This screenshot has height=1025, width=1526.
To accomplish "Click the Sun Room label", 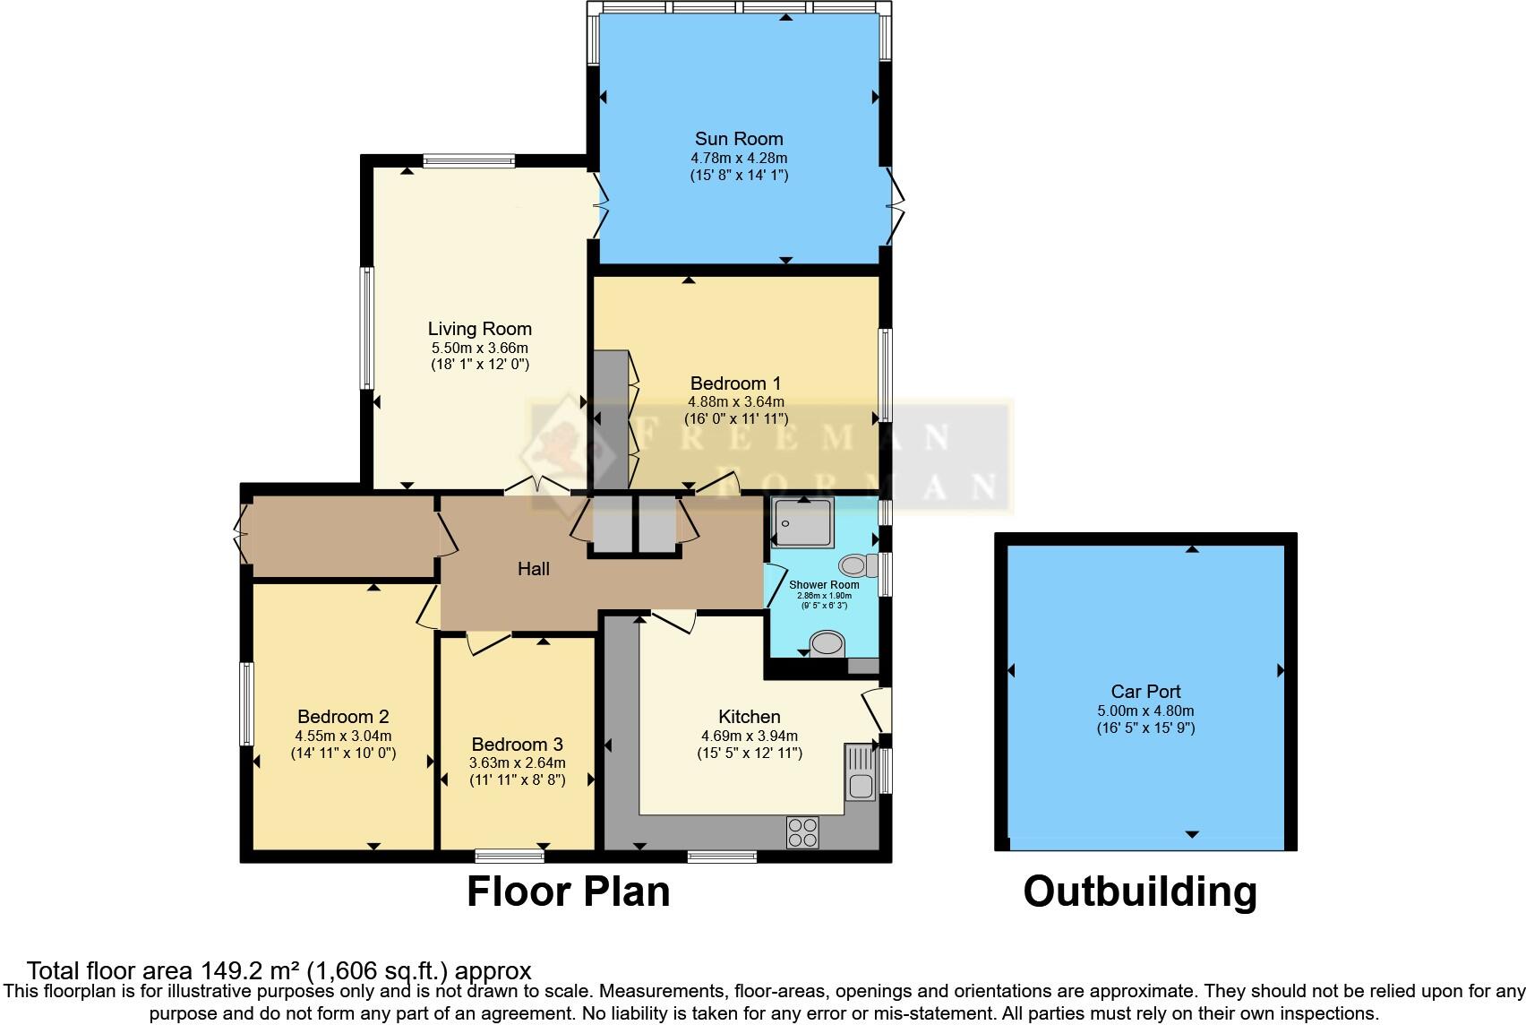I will pyautogui.click(x=739, y=139).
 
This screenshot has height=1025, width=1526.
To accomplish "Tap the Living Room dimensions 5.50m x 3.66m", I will pyautogui.click(x=479, y=348).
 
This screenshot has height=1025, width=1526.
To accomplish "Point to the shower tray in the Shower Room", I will pyautogui.click(x=803, y=521).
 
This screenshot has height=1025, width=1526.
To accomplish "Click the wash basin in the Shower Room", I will pyautogui.click(x=827, y=643).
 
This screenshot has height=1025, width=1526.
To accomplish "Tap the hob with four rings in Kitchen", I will pyautogui.click(x=802, y=832).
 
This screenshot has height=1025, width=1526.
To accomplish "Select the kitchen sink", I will pyautogui.click(x=861, y=773).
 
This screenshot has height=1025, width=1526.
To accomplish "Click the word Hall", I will pyautogui.click(x=534, y=569).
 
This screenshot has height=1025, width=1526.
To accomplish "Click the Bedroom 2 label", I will pyautogui.click(x=343, y=717).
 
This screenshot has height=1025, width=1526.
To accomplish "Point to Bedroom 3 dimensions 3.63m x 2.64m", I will pyautogui.click(x=518, y=763).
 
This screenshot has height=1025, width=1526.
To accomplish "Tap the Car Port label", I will pyautogui.click(x=1145, y=692).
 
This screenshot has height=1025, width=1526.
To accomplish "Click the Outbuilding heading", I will pyautogui.click(x=1140, y=891).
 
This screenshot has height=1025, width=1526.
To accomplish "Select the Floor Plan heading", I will pyautogui.click(x=568, y=891).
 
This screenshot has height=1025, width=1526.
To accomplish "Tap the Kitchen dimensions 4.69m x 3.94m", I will pyautogui.click(x=750, y=736).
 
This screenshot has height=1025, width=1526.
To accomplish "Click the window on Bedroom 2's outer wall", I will pyautogui.click(x=247, y=703).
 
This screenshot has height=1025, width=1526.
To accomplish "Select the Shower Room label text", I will pyautogui.click(x=824, y=585).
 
